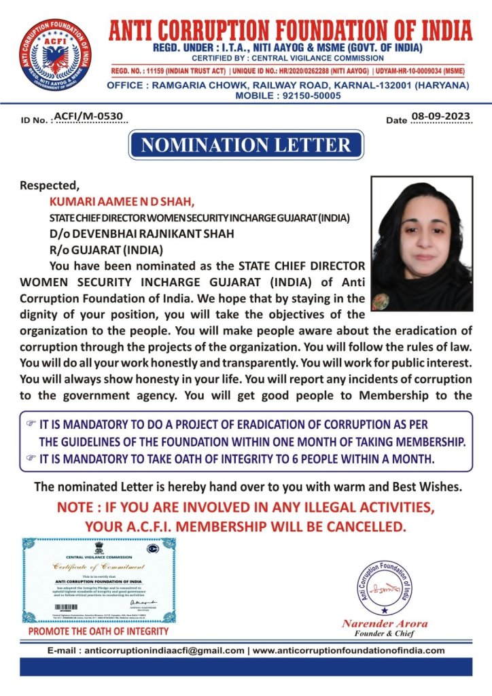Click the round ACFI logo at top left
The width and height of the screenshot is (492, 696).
click(x=56, y=56)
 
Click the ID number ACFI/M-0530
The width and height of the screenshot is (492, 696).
click(x=89, y=116)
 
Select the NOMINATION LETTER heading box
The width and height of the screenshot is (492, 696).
click(x=245, y=145)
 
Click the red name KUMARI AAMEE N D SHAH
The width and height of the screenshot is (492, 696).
click(x=122, y=201)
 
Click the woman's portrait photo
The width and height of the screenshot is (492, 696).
click(x=422, y=243)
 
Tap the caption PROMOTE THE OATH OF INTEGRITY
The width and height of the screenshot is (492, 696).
click(x=99, y=631)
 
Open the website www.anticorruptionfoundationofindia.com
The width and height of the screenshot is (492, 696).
click(x=348, y=650)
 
